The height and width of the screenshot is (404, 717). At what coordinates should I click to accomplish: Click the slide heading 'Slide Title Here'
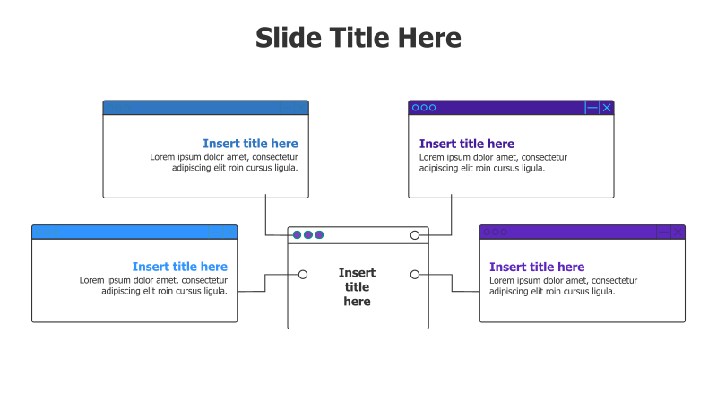(358, 38)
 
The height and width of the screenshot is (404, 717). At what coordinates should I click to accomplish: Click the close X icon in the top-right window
(607, 108)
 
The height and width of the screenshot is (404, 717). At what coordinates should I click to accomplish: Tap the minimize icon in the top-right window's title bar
(591, 108)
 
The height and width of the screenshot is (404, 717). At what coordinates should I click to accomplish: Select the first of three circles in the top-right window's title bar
(415, 108)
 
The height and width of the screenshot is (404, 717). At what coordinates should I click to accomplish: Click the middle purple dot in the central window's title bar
(308, 235)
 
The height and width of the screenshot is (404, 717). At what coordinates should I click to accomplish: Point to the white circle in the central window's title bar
(415, 235)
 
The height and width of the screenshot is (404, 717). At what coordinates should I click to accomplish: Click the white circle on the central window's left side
(303, 275)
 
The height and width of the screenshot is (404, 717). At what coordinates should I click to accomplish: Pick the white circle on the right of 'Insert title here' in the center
(415, 275)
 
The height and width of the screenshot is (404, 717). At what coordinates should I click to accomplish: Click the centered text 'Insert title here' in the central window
(357, 287)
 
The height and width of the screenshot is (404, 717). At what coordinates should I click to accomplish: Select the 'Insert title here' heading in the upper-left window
(250, 144)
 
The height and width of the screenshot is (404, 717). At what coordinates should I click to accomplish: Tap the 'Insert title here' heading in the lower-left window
(179, 267)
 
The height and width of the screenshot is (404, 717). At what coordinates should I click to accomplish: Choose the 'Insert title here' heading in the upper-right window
(466, 144)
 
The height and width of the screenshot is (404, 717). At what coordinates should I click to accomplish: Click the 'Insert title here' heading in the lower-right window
(536, 267)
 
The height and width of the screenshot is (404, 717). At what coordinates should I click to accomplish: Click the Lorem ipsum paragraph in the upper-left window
(224, 162)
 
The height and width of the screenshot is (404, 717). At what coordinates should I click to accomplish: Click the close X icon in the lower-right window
(678, 232)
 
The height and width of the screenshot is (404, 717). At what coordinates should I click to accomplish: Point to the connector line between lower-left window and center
(265, 282)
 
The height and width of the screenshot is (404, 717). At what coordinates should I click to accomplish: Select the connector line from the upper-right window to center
(452, 215)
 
